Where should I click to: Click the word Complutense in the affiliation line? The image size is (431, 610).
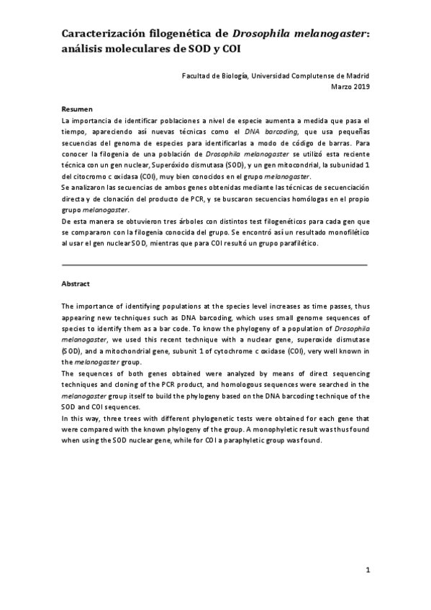tap(318, 75)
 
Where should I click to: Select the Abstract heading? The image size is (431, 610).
tap(76, 283)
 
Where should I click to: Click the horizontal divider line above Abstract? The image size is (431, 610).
tap(214, 265)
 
